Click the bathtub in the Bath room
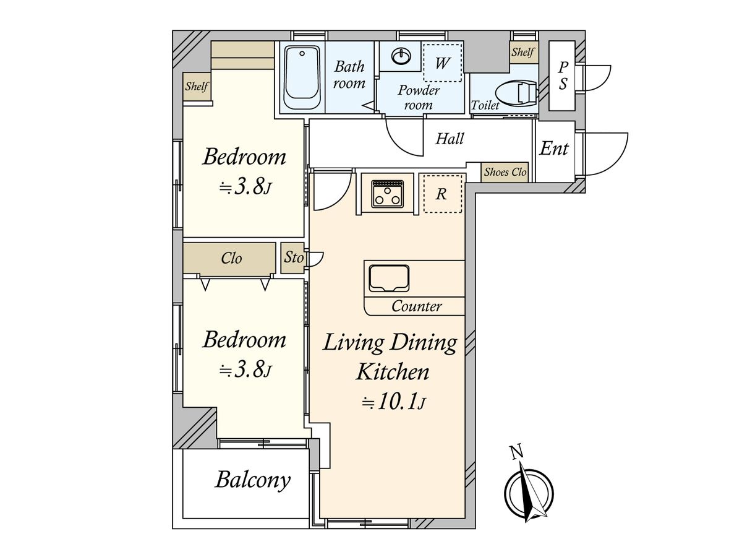(302, 77)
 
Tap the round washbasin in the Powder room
(401, 55)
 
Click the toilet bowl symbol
(516, 93)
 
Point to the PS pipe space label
(563, 76)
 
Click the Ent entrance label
(553, 149)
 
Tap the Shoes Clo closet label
(505, 172)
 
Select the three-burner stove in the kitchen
(387, 194)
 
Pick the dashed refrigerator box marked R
(443, 194)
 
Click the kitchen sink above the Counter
(389, 278)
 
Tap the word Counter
(417, 306)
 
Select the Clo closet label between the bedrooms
(231, 258)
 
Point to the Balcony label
(253, 480)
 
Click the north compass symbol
(529, 493)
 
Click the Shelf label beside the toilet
(522, 52)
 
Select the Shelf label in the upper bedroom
(197, 86)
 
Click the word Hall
(450, 139)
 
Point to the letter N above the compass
(516, 453)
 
